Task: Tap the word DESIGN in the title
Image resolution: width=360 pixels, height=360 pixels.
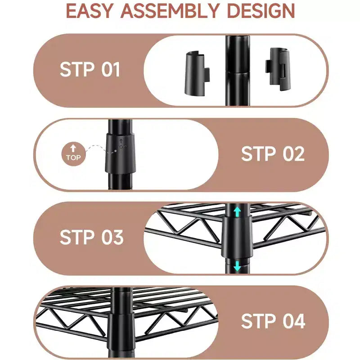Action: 261,11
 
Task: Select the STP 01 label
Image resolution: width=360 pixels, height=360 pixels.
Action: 90,69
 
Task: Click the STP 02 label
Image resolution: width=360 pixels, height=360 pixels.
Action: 273,153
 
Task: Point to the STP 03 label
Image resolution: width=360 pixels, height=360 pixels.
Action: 92,237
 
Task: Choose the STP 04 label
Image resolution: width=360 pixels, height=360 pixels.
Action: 273,321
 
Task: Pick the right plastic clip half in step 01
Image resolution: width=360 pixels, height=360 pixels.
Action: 277,69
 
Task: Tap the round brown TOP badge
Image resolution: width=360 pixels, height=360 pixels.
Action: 73,154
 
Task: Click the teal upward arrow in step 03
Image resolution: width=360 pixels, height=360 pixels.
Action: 237,211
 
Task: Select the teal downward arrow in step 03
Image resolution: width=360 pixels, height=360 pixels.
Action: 237,266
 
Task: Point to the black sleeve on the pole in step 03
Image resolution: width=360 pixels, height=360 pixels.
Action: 237,238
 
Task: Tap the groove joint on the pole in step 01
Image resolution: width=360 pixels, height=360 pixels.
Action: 238,72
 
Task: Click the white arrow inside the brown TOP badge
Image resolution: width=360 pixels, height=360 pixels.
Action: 73,148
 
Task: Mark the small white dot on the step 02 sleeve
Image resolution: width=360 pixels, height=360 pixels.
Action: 116,151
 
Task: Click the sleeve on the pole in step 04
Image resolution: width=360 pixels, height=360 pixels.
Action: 121,328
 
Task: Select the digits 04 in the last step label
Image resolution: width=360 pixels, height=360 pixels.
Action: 294,321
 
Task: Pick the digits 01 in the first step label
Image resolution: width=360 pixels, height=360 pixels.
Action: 111,69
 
